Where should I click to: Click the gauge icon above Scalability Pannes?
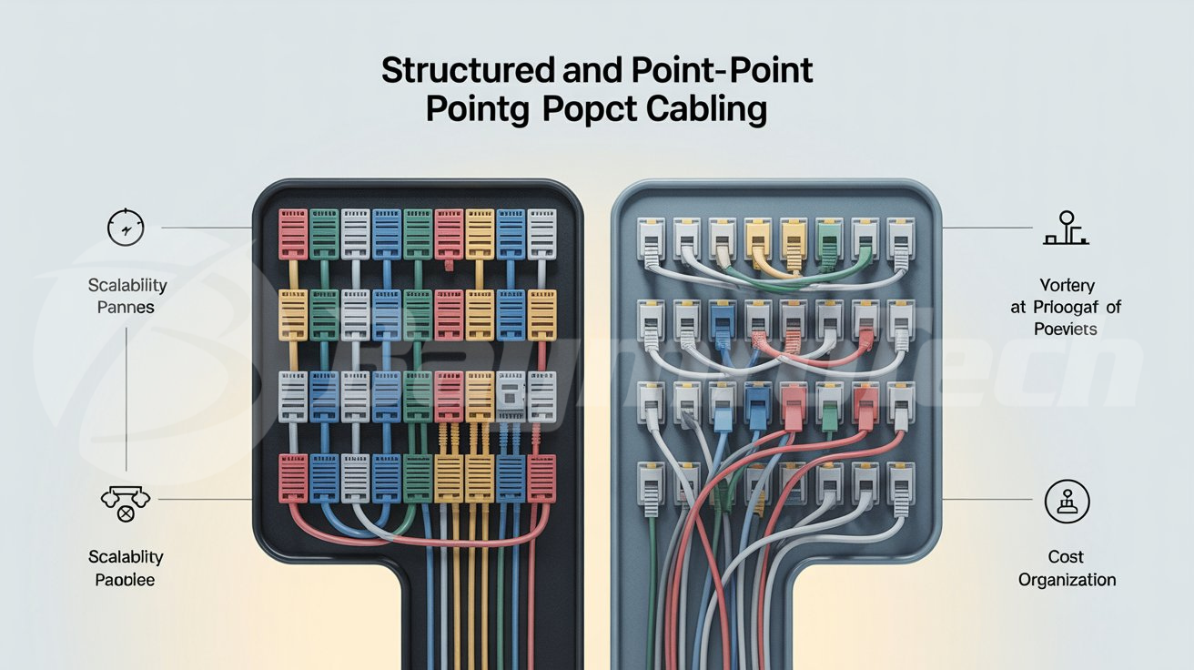tap(126, 227)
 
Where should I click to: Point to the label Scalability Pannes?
tap(127, 296)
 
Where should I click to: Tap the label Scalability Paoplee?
tap(126, 567)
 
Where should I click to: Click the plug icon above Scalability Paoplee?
tap(126, 500)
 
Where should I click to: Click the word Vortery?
tap(1066, 285)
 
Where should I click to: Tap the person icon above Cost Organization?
tap(1067, 502)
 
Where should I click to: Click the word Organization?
tap(1067, 580)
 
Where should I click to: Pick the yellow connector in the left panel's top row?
tap(480, 233)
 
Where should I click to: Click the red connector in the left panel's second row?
tap(449, 314)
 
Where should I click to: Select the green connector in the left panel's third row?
tap(418, 395)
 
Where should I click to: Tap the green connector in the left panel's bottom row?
tap(418, 477)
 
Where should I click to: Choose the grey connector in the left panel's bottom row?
tap(356, 477)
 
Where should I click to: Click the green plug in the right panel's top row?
tap(828, 241)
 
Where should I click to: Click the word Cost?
tap(1066, 557)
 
